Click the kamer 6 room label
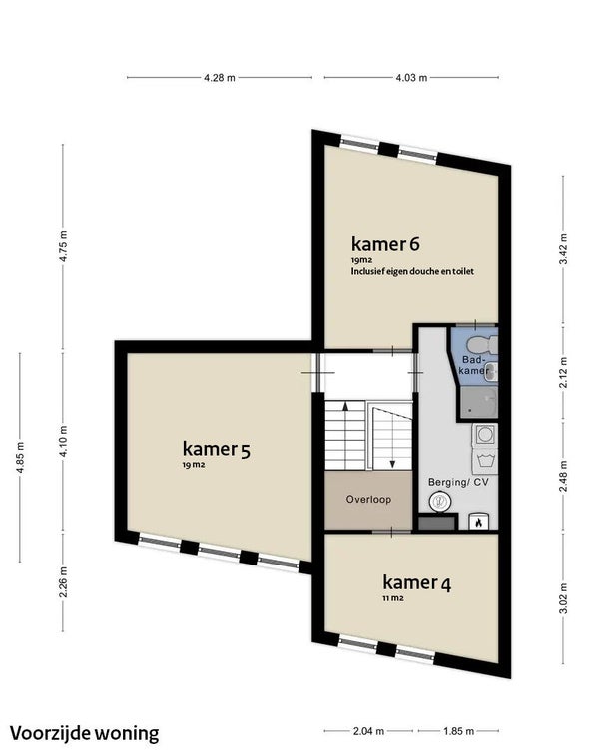[385, 244]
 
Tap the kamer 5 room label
[217, 449]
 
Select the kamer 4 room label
[416, 582]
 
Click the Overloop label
[368, 499]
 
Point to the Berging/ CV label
[458, 482]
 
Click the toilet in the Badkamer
[481, 344]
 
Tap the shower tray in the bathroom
[479, 403]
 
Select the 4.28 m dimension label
[220, 78]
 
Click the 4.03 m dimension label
[411, 78]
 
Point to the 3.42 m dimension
[563, 248]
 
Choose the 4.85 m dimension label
[20, 457]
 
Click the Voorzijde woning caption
[85, 733]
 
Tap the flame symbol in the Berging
[478, 523]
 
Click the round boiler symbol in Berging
[440, 502]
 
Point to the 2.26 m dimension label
[63, 582]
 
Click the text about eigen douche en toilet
[412, 271]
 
